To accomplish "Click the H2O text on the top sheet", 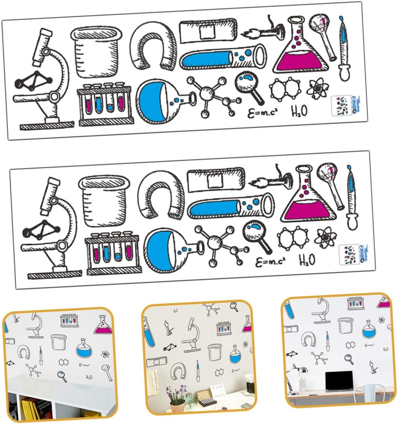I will click(x=299, y=110).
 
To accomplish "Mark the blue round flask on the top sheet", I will click(x=157, y=101).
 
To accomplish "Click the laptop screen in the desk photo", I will click(x=339, y=381).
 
